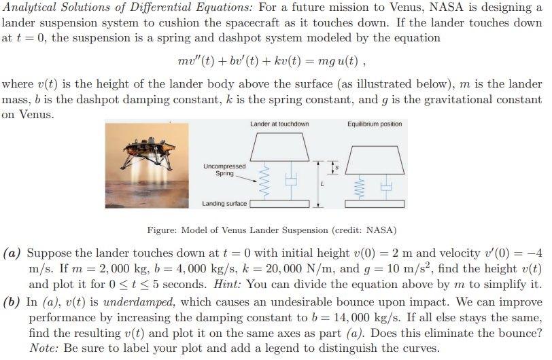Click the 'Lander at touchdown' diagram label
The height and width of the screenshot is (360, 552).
[279, 124]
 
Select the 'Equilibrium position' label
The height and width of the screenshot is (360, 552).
[374, 124]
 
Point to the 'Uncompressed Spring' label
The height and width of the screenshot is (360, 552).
[224, 170]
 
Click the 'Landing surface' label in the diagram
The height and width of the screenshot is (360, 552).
[224, 204]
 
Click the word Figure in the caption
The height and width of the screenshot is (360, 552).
[164, 229]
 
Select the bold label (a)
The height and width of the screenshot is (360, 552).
[14, 253]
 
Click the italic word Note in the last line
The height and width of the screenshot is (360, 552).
[43, 348]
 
